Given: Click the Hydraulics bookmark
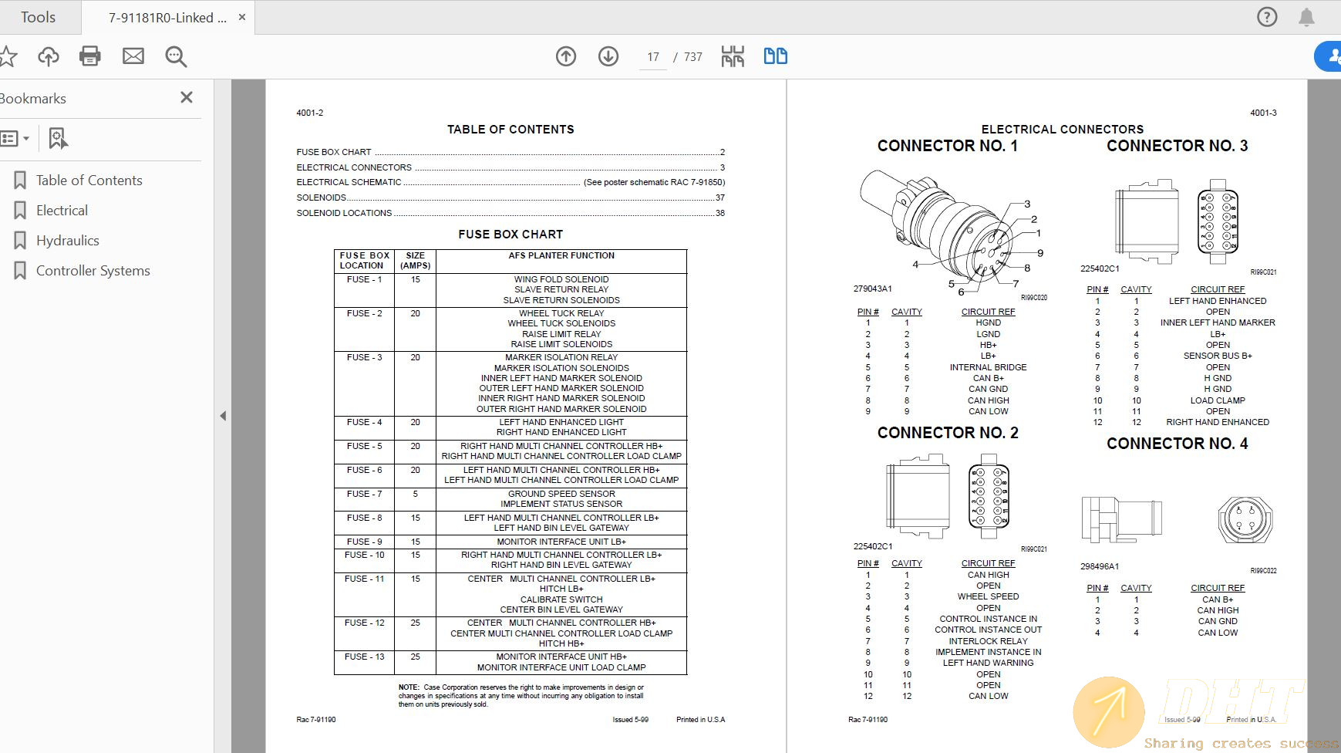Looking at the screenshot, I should pyautogui.click(x=67, y=241).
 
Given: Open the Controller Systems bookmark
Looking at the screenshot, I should pyautogui.click(x=93, y=271).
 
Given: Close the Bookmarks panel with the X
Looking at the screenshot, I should pyautogui.click(x=186, y=97).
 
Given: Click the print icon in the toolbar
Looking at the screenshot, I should pyautogui.click(x=90, y=56).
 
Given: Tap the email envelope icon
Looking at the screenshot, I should pyautogui.click(x=133, y=56).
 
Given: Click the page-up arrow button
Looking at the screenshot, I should pyautogui.click(x=566, y=56).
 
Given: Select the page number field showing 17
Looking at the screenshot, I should pyautogui.click(x=653, y=57).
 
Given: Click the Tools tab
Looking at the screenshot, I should pyautogui.click(x=38, y=17).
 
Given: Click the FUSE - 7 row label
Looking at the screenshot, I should pyautogui.click(x=364, y=494).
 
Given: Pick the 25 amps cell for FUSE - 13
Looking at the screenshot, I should pyautogui.click(x=415, y=657).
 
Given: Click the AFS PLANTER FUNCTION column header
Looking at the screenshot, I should pyautogui.click(x=561, y=255).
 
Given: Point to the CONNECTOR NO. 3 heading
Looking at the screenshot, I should pyautogui.click(x=1177, y=146).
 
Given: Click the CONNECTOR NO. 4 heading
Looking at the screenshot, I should pyautogui.click(x=1177, y=444).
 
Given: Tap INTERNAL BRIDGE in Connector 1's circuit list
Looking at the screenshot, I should pyautogui.click(x=988, y=367).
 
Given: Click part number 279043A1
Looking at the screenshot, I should pyautogui.click(x=872, y=289).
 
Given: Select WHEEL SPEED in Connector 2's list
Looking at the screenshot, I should pyautogui.click(x=988, y=596).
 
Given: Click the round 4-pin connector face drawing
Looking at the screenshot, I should pyautogui.click(x=1244, y=519).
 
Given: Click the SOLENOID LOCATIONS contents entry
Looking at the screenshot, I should pyautogui.click(x=344, y=213).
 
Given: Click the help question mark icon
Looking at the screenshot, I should pyautogui.click(x=1267, y=17).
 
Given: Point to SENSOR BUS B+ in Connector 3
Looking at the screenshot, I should pyautogui.click(x=1218, y=356).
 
